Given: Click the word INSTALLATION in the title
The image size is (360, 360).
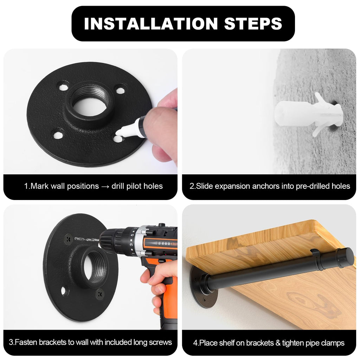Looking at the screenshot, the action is [x=151, y=24].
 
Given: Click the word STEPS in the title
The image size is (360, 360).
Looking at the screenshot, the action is [x=253, y=24].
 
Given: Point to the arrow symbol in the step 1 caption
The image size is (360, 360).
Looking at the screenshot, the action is [x=105, y=186].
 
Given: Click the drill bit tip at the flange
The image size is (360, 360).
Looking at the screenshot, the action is [x=76, y=239].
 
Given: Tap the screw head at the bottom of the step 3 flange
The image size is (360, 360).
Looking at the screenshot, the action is [x=100, y=294].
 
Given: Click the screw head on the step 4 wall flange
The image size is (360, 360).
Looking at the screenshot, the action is [x=204, y=300].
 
